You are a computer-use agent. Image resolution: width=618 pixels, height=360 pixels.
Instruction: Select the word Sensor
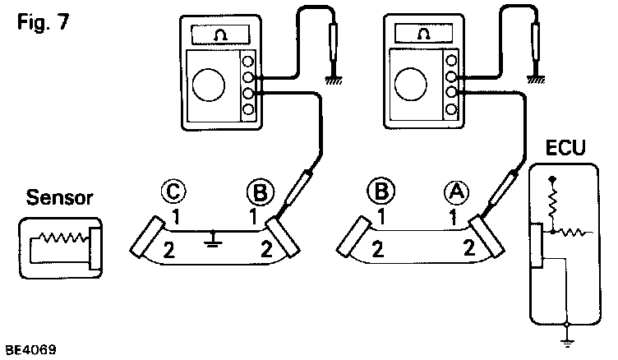click(58, 198)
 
